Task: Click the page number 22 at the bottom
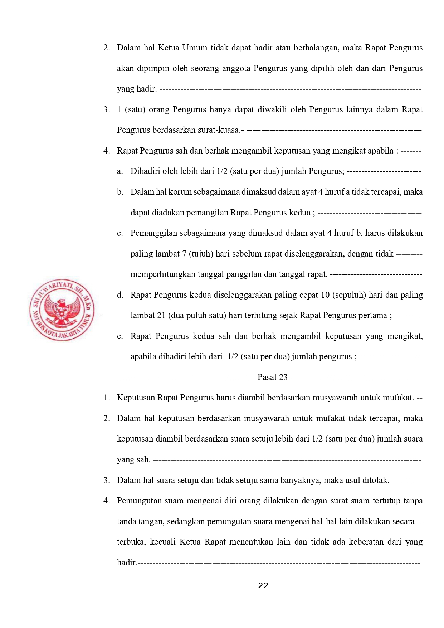263,586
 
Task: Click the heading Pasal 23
272,377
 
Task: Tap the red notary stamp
62,310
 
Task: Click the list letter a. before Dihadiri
120,171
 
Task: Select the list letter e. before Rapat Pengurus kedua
120,336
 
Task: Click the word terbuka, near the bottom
131,542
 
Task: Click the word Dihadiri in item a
145,171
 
